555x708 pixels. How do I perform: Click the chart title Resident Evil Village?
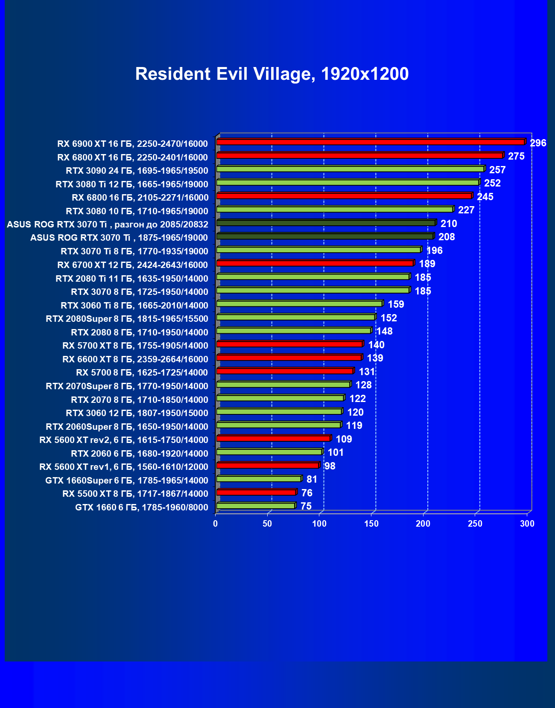(272, 74)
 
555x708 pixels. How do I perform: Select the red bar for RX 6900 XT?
(370, 142)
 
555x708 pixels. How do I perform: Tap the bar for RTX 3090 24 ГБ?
(350, 169)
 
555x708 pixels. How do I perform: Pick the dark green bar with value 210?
(326, 223)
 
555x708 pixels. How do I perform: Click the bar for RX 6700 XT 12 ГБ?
(315, 263)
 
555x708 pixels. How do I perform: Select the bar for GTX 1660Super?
(259, 479)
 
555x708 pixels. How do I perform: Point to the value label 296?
(538, 143)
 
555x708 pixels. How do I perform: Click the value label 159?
(396, 304)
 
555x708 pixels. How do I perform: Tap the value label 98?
(330, 466)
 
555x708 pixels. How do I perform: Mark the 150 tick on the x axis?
(371, 524)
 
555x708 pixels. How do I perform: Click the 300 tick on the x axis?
(527, 524)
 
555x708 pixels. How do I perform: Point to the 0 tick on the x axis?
(216, 524)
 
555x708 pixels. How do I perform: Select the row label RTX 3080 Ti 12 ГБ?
(132, 184)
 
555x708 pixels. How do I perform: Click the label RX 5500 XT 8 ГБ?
(135, 494)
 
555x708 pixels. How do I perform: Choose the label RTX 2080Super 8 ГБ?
(127, 319)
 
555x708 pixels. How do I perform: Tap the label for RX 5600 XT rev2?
(124, 440)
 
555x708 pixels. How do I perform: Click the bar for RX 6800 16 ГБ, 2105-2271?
(344, 196)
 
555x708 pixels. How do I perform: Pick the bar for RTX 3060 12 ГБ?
(279, 411)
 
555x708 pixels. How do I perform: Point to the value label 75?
(306, 506)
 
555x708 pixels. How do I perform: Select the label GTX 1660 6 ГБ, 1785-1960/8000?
(142, 507)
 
